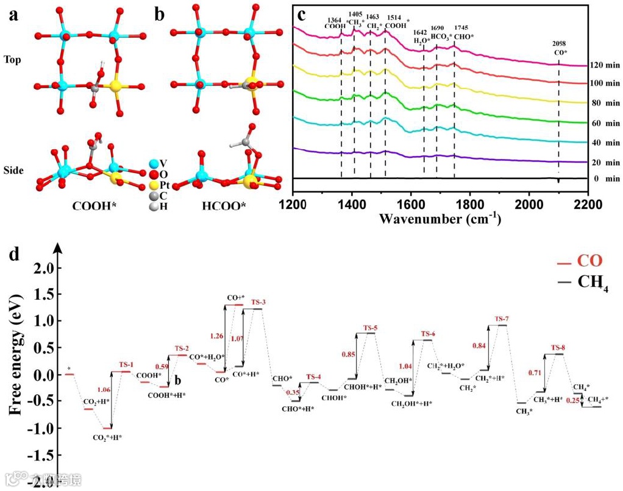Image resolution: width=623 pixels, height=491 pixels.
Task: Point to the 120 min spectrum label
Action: [x=603, y=65]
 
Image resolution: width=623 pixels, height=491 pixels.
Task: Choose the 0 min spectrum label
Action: [x=603, y=178]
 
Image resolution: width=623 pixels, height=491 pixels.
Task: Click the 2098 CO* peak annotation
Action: [x=558, y=48]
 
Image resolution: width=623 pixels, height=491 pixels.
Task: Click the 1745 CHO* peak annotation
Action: [x=454, y=32]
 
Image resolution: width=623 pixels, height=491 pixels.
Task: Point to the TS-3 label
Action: [x=258, y=302]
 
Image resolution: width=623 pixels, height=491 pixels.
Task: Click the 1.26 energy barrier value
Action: [x=216, y=336]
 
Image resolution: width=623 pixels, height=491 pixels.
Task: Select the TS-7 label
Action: [x=502, y=319]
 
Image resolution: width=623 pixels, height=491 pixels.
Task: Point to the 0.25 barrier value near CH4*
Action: [x=570, y=400]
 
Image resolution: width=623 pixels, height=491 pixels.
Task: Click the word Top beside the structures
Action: [x=13, y=60]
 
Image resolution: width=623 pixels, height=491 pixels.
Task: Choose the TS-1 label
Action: [x=125, y=365]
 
